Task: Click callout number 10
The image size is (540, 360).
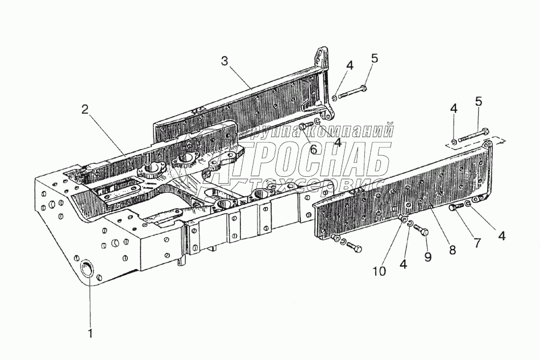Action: (x=380, y=271)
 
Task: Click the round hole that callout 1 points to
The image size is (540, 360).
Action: (x=88, y=269)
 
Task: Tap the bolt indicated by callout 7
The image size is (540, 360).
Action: (x=455, y=208)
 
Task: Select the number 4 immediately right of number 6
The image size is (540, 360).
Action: (x=338, y=143)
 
